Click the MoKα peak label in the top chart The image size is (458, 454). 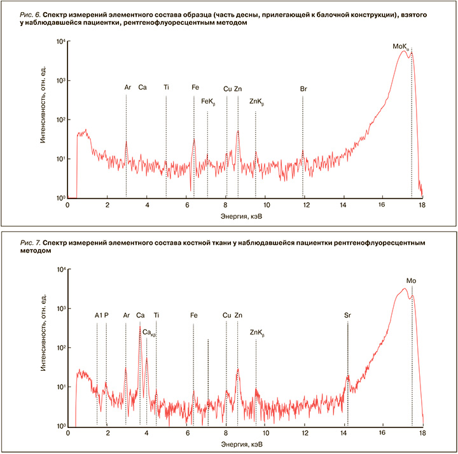[x=401, y=46]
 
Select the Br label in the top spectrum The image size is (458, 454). [x=303, y=88]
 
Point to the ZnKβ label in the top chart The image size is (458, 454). [x=256, y=101]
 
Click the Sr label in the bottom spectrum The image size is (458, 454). [x=347, y=315]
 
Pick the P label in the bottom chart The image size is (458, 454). [x=106, y=315]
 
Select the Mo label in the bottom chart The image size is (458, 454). [x=411, y=280]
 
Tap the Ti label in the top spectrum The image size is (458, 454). [x=166, y=88]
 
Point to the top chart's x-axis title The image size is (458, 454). [x=245, y=216]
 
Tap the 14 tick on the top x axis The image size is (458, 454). [x=343, y=205]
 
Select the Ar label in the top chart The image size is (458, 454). [x=127, y=88]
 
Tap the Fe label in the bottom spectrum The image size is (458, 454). [x=194, y=315]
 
